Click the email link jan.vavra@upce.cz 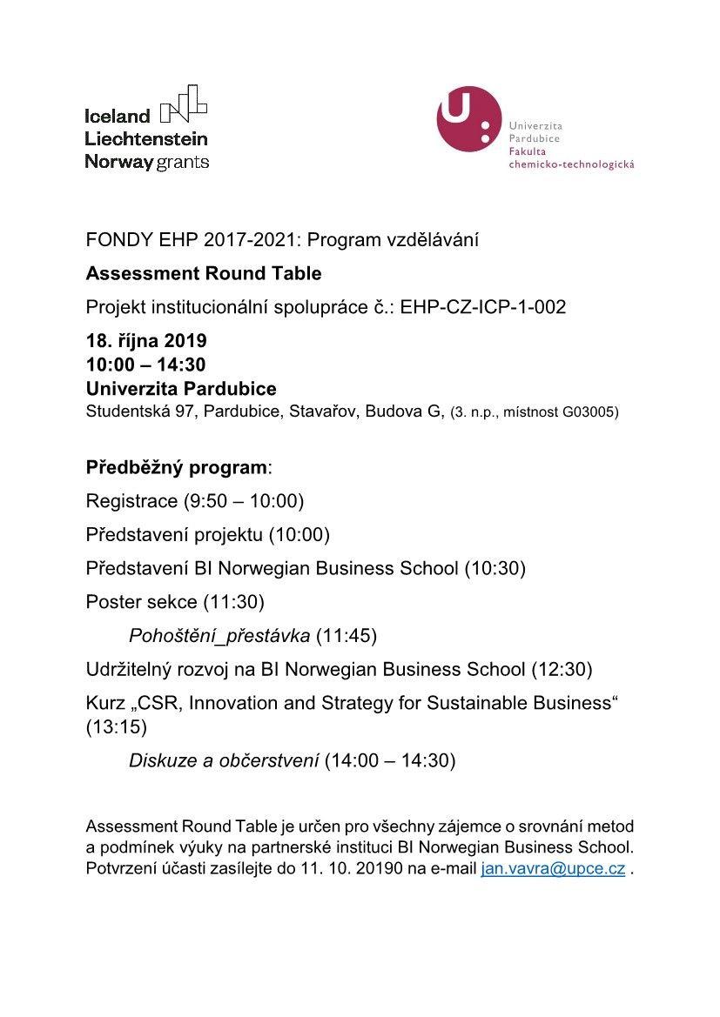click(552, 868)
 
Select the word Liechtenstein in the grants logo click(146, 138)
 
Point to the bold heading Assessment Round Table click(204, 274)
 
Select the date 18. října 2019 click(146, 340)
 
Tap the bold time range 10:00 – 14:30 click(146, 364)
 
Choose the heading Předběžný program click(177, 467)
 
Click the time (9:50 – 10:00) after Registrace click(243, 501)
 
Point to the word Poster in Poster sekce click(111, 602)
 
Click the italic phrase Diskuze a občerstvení click(224, 760)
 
